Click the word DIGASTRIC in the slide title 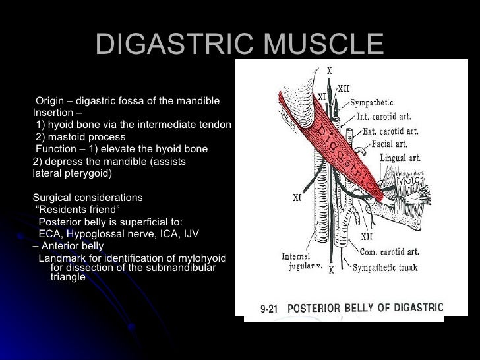tap(171, 45)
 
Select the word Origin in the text tap(50, 101)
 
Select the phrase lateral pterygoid tap(73, 173)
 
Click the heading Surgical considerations tap(87, 198)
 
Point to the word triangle tap(68, 278)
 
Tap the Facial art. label tap(388, 144)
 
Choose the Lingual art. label tap(403, 158)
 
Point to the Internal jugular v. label tap(301, 261)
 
